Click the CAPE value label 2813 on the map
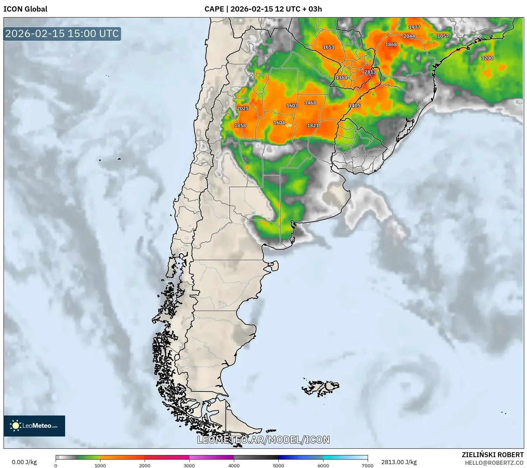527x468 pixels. [x=370, y=72]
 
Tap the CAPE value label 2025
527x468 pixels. [x=243, y=109]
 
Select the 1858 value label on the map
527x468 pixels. [x=240, y=126]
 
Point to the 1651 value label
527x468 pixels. [x=328, y=47]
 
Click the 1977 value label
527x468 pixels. [x=414, y=27]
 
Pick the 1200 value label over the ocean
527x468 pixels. [x=487, y=58]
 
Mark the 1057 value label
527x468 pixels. [x=443, y=36]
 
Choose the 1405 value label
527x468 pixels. [x=355, y=106]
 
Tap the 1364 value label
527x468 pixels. [x=342, y=78]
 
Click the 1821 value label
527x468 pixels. [x=313, y=126]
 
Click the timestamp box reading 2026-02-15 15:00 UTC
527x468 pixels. [x=62, y=34]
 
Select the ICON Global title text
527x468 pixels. [x=25, y=9]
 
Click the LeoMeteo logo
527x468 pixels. [x=34, y=426]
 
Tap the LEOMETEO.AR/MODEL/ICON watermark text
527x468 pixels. [x=263, y=440]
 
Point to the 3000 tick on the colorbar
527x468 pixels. [x=189, y=465]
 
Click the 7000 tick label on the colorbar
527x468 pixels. [x=368, y=465]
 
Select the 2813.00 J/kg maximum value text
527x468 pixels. [x=399, y=462]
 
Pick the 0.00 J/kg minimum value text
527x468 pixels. [x=24, y=462]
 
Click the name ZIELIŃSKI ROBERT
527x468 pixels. [x=493, y=455]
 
